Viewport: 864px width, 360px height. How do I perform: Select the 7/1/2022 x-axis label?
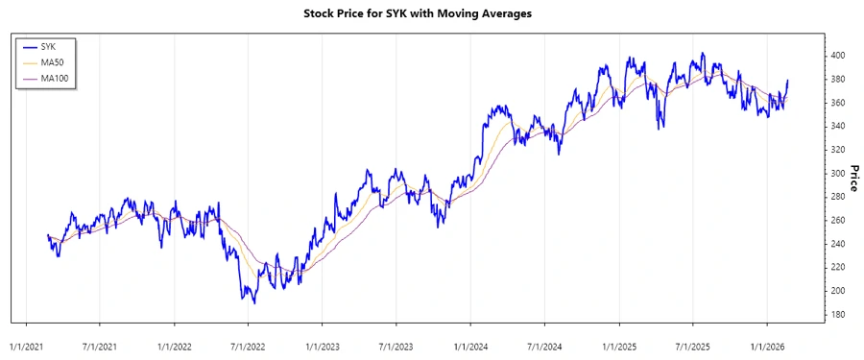coord(248,346)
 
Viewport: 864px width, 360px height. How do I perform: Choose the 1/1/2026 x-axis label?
coord(767,346)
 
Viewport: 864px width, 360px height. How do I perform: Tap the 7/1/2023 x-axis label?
coord(396,346)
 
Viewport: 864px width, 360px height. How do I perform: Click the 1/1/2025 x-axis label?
coord(619,346)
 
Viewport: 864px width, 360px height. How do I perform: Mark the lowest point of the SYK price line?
coord(254,303)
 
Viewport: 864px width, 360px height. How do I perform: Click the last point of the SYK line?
coord(788,81)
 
